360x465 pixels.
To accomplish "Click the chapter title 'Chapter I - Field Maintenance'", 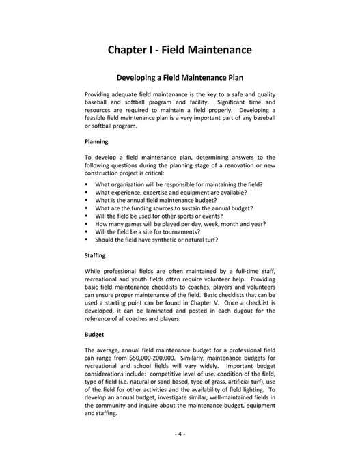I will (180, 50).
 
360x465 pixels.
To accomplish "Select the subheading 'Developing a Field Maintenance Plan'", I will (180, 78).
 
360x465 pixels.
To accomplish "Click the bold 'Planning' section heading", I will (96, 142).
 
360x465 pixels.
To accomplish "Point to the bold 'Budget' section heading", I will (94, 335).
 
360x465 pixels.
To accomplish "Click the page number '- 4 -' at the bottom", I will (180, 434).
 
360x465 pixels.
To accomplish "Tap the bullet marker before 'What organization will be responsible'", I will (87, 185).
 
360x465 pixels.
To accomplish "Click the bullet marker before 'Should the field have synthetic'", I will (87, 240).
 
